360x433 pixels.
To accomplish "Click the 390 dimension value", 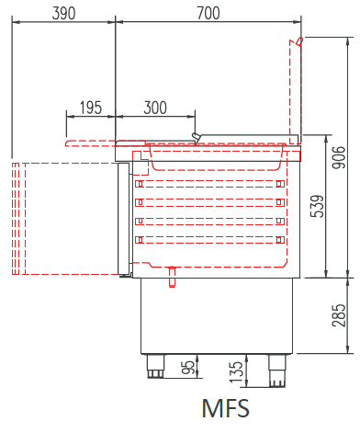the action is click(63, 13).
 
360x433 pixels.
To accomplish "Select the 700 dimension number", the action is click(208, 13).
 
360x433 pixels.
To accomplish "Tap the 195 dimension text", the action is click(91, 108).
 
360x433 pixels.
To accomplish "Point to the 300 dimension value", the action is click(155, 108).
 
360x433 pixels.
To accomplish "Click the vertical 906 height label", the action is click(339, 157).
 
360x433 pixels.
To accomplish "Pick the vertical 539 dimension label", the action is click(317, 206).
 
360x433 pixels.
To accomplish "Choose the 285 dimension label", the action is click(339, 315).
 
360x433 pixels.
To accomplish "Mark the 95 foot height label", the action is click(187, 368).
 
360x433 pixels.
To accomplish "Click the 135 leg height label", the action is click(236, 372).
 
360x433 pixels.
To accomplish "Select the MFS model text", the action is click(226, 408).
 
